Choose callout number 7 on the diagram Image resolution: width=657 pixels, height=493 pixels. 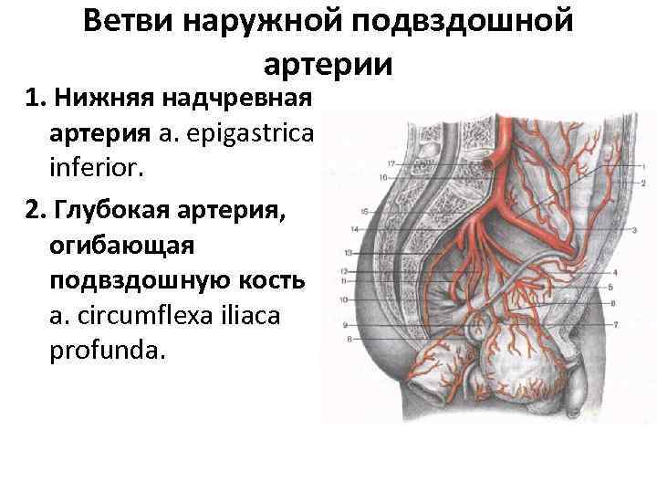point(617,325)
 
